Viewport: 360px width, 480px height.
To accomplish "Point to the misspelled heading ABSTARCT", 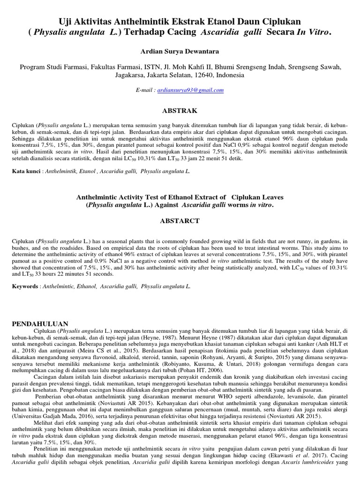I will coord(180,220).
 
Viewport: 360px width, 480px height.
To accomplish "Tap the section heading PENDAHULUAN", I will coord(40,323).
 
